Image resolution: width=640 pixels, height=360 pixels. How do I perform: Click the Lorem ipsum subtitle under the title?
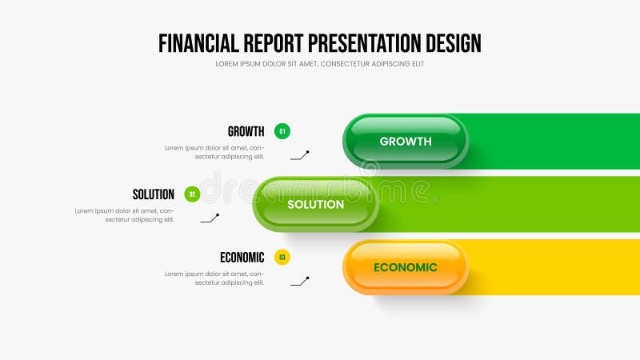(x=319, y=64)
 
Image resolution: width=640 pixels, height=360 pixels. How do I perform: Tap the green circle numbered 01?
(x=282, y=131)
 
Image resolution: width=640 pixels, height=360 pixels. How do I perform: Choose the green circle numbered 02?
(x=192, y=194)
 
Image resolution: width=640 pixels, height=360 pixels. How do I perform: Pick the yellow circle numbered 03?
(x=282, y=257)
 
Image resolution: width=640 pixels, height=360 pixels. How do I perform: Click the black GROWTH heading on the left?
(x=246, y=132)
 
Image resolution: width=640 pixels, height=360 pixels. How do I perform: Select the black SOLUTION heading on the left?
(x=153, y=194)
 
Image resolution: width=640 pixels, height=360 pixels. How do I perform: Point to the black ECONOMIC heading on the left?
(x=242, y=258)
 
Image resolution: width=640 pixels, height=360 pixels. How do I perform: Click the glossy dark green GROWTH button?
(x=406, y=141)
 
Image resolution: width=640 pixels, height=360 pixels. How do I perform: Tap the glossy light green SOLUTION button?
(x=315, y=204)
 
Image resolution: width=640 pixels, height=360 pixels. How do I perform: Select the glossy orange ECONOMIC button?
(x=406, y=267)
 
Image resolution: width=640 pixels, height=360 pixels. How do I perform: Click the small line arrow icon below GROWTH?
(x=299, y=155)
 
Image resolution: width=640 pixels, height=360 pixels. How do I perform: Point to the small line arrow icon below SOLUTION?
(x=210, y=218)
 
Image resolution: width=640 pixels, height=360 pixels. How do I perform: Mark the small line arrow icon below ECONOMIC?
(x=299, y=281)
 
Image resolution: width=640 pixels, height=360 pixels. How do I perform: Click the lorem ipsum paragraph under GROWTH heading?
(x=214, y=152)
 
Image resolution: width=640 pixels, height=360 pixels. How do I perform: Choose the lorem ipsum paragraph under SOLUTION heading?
(x=125, y=215)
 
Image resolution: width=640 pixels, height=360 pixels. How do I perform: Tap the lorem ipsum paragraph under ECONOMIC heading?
(x=214, y=278)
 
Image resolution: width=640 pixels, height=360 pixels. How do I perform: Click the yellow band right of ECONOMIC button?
(x=552, y=267)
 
